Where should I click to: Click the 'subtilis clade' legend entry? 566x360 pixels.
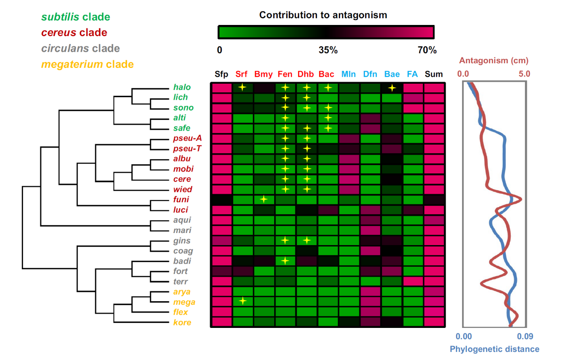click(75, 17)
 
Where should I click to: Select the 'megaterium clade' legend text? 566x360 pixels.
click(87, 64)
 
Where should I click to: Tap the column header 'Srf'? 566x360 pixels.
click(242, 74)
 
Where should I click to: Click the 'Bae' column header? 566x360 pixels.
click(392, 74)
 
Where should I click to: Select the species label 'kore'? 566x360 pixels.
click(180, 322)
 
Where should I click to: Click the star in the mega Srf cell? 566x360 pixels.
click(242, 301)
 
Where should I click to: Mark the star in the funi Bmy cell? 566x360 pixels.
click(264, 199)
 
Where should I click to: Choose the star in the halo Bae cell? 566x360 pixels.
click(392, 88)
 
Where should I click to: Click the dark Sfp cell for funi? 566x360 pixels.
click(221, 200)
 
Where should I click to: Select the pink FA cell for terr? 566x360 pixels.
click(413, 281)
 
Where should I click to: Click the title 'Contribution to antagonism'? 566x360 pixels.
click(323, 15)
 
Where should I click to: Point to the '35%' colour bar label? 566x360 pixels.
click(328, 50)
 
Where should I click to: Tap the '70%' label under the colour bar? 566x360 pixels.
click(427, 50)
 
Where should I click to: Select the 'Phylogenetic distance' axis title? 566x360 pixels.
click(494, 349)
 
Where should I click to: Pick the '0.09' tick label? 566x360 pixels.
click(524, 337)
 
